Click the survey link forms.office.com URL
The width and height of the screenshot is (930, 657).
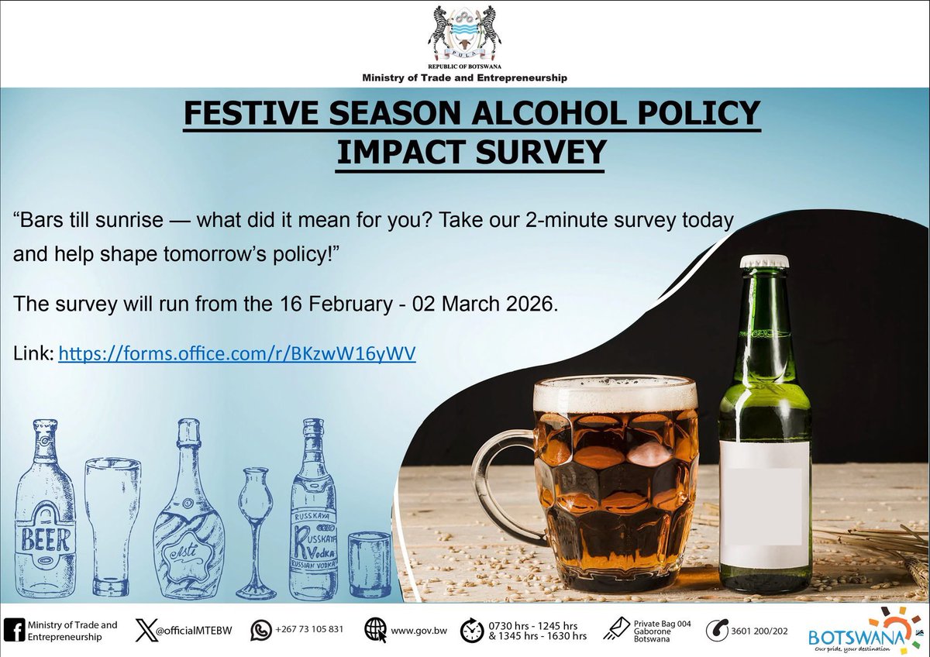[x=238, y=354]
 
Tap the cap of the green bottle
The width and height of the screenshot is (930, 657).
[x=764, y=261]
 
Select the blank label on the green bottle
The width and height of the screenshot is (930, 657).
[x=765, y=504]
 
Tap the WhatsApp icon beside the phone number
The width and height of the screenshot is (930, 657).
[x=261, y=631]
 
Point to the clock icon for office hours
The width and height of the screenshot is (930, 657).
[x=470, y=631]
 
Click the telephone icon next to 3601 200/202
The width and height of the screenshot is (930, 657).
[x=717, y=631]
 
